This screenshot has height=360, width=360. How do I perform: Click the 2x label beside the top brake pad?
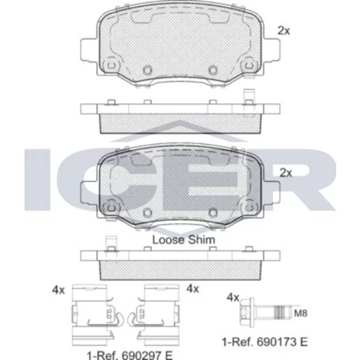(x=284, y=31)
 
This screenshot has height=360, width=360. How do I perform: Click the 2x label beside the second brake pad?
(x=286, y=173)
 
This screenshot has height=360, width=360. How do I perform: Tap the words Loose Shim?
(x=184, y=240)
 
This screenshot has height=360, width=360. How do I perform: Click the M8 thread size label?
(x=301, y=313)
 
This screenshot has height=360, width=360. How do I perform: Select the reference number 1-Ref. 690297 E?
(x=130, y=355)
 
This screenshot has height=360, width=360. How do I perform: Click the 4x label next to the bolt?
(x=233, y=298)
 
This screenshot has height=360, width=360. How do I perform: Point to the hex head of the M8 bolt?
(x=246, y=312)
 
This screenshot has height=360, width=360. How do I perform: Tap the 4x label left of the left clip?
(x=58, y=290)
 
